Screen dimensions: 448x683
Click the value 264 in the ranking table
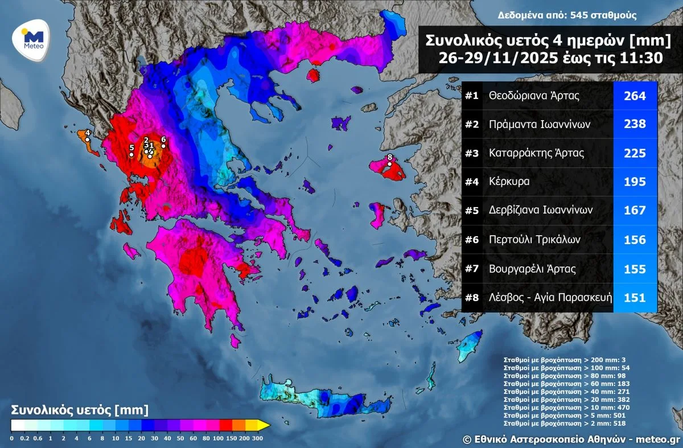(635, 96)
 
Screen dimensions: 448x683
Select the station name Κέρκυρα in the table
(509, 182)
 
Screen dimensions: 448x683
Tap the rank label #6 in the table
(472, 240)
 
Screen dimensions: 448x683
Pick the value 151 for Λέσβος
(635, 297)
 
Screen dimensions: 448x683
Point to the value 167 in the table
(635, 211)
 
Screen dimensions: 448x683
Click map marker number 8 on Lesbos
(389, 164)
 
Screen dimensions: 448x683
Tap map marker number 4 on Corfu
(87, 139)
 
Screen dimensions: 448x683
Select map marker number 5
(131, 154)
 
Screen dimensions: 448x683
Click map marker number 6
(163, 146)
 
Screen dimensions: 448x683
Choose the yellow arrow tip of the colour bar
(264, 425)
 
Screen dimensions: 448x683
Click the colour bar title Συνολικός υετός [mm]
(80, 409)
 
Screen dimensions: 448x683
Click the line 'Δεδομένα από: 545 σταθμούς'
(566, 15)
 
